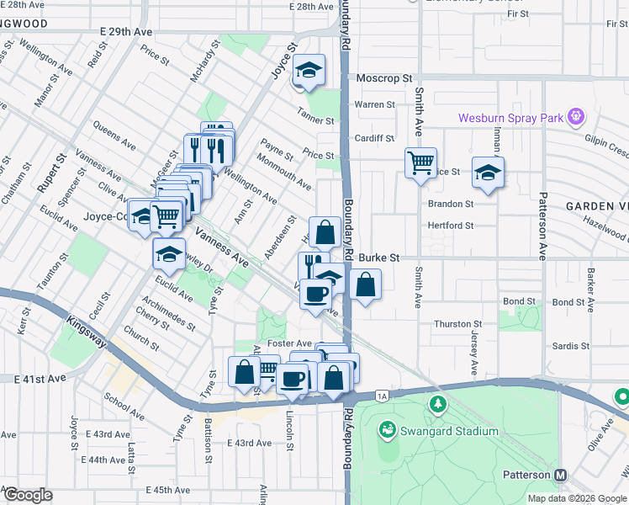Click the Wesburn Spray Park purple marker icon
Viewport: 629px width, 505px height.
pos(575,116)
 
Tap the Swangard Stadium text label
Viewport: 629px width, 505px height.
pos(449,431)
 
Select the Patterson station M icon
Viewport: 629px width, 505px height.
pos(560,475)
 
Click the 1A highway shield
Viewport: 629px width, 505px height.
pos(383,395)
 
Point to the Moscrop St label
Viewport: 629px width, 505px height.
pos(383,78)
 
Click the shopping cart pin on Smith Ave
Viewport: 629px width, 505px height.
pos(420,162)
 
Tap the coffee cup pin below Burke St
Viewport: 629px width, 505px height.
pos(316,294)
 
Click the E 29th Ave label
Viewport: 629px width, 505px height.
pos(126,31)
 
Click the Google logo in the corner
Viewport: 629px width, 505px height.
pos(28,495)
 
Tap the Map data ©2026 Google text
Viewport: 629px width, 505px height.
pos(576,497)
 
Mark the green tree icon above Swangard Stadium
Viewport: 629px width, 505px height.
pos(437,406)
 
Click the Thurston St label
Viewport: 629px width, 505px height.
pos(457,323)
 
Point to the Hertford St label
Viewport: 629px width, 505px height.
pos(451,226)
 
